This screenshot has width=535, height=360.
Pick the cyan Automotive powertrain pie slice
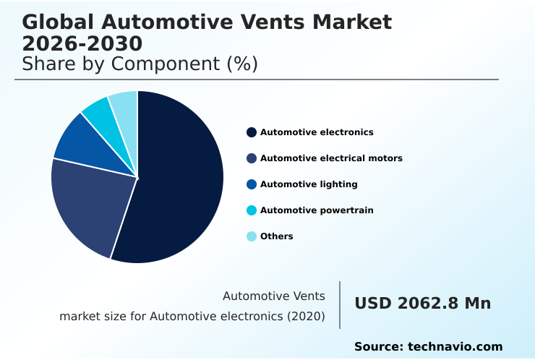(101, 112)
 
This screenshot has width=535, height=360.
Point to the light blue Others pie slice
(125, 105)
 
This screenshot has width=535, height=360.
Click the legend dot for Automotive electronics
(252, 132)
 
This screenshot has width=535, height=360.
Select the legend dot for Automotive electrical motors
(252, 158)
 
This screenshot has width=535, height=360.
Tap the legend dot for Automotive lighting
(252, 184)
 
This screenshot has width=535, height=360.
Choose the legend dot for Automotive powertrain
(252, 210)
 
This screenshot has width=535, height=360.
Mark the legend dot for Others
(252, 236)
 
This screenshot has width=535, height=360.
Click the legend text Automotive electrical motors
(331, 158)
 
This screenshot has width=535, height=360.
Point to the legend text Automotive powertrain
(317, 210)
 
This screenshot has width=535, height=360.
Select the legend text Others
(277, 236)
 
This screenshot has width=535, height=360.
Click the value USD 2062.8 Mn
(422, 304)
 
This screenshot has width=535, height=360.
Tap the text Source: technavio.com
(428, 347)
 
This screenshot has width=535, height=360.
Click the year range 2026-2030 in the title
(82, 43)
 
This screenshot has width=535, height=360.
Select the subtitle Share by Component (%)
(140, 64)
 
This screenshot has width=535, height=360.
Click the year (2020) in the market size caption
(307, 317)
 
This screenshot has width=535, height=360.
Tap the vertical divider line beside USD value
(340, 305)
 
